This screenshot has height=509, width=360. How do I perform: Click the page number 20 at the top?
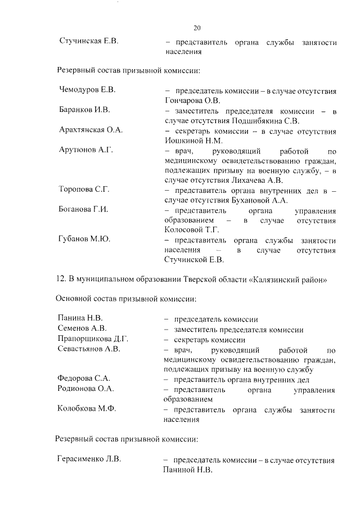(197, 28)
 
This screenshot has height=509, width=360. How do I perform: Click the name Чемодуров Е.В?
(87, 90)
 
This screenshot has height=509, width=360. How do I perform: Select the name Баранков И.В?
(84, 110)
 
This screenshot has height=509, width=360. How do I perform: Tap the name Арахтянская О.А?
(91, 129)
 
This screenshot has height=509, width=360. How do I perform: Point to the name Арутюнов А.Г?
(86, 150)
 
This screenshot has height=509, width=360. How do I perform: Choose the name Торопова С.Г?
(84, 190)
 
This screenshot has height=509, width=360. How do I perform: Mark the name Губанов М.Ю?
(84, 239)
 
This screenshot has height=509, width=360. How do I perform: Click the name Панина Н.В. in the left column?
(80, 319)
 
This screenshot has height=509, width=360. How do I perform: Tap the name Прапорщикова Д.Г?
(93, 339)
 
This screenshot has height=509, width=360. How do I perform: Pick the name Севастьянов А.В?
(89, 349)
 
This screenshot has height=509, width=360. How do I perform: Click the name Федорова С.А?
(84, 379)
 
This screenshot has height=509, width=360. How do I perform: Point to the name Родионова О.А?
(85, 389)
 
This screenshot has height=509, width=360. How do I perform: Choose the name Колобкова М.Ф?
(87, 409)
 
